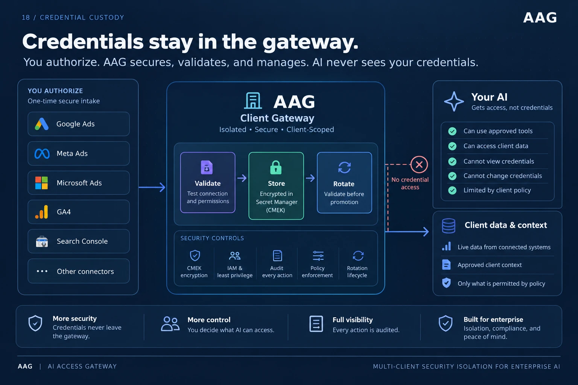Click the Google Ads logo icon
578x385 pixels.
pos(41,124)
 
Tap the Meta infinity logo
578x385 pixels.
pos(42,154)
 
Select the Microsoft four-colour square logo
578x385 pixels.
pos(41,183)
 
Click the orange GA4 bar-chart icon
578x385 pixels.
pos(42,212)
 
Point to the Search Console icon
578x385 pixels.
pos(42,241)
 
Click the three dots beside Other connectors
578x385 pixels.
pos(42,271)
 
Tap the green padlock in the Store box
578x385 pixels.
pos(276,167)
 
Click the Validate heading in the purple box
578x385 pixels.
pos(208,183)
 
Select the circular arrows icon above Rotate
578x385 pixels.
pos(344,167)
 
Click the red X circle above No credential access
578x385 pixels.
pos(419,165)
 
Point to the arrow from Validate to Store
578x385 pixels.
pos(242,178)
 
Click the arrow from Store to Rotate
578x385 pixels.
pos(310,178)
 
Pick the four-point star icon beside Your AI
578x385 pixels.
pos(454,102)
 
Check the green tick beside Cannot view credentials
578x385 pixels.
pos(452,161)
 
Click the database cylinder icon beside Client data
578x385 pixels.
pos(449,226)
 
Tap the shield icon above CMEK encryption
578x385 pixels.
pos(195,256)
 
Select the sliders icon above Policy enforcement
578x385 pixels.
pos(318,256)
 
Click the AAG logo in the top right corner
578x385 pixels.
pos(540,18)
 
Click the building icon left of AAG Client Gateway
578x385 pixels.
pos(253,100)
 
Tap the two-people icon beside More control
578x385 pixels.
pos(170,324)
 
